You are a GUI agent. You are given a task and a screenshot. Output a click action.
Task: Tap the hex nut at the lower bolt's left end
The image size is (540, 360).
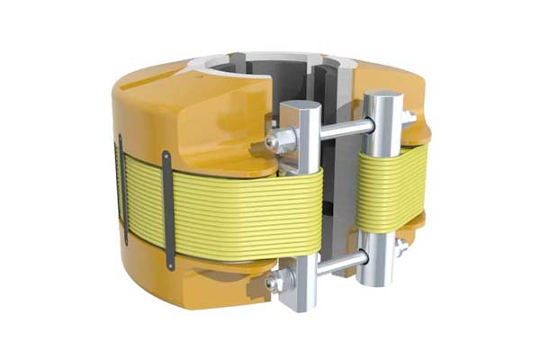(274, 284)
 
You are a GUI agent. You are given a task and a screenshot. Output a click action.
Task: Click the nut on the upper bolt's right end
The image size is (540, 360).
(408, 118)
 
